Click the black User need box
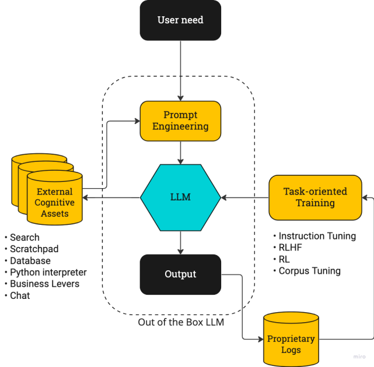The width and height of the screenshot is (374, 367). tap(180, 20)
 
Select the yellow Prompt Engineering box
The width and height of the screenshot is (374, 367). tap(180, 121)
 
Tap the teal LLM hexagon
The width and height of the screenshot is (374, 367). tap(180, 197)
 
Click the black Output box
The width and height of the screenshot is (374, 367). tap(180, 274)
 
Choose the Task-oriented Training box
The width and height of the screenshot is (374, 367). tap(315, 197)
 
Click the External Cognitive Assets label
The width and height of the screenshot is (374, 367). tap(55, 202)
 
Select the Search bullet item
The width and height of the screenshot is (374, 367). tap(25, 237)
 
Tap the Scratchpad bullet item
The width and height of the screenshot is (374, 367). tap(34, 249)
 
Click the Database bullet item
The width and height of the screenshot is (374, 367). tap(30, 260)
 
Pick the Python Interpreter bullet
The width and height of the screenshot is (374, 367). tap(48, 272)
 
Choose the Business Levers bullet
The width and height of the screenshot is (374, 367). tap(44, 284)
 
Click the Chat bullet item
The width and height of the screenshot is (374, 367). tap(20, 295)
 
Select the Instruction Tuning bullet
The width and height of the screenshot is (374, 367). tap(317, 236)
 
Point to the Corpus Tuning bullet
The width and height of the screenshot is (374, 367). tap(309, 271)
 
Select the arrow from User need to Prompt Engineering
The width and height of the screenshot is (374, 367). tap(181, 70)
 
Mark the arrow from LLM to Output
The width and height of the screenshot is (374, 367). tap(181, 242)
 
